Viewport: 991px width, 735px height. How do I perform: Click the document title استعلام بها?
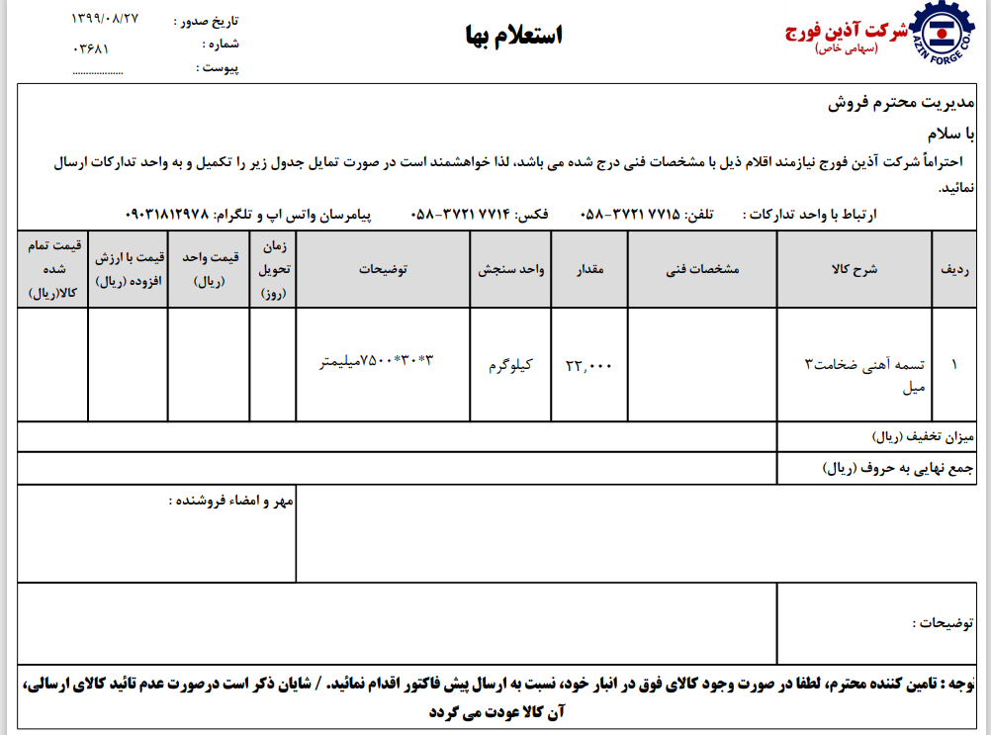pyautogui.click(x=513, y=36)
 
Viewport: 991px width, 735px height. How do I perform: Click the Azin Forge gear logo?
pyautogui.click(x=947, y=40)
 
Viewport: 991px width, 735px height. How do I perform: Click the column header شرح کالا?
pyautogui.click(x=856, y=269)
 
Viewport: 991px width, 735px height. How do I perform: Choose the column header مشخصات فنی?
pyautogui.click(x=703, y=269)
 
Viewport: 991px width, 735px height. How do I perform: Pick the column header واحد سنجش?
pyautogui.click(x=511, y=269)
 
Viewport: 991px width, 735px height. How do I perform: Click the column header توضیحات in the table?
pyautogui.click(x=383, y=269)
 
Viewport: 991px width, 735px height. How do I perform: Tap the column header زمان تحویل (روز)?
pyautogui.click(x=273, y=269)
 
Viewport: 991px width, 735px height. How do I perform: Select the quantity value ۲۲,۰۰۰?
pyautogui.click(x=589, y=365)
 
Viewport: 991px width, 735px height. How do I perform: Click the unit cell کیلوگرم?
pyautogui.click(x=510, y=364)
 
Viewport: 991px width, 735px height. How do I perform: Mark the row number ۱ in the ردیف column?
pyautogui.click(x=953, y=364)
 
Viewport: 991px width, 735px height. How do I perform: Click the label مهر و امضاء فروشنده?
pyautogui.click(x=229, y=501)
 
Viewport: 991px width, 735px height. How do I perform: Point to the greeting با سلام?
pyautogui.click(x=951, y=133)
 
